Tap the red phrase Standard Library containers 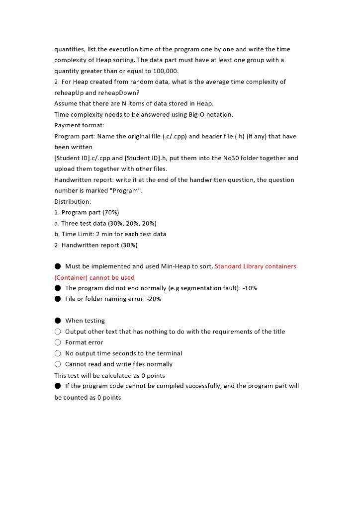click(255, 266)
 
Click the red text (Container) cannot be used click(94, 278)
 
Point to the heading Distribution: click(73, 202)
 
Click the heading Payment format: click(79, 125)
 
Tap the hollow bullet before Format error click(58, 342)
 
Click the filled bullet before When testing click(58, 321)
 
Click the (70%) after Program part click(110, 213)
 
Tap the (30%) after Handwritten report click(129, 245)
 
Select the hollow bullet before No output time click(58, 353)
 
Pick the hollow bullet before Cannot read click(58, 364)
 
